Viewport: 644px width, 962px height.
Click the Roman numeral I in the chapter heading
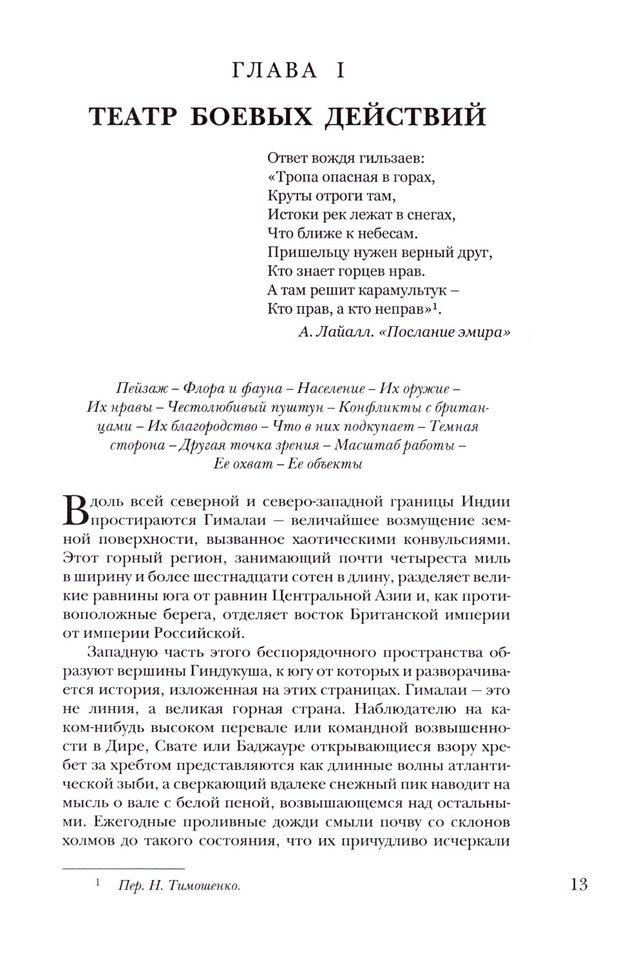click(x=339, y=70)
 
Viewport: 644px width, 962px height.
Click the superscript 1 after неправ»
click(x=435, y=306)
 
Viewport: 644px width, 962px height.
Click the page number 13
click(x=579, y=884)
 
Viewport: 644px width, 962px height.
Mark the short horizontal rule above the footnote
click(x=124, y=868)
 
